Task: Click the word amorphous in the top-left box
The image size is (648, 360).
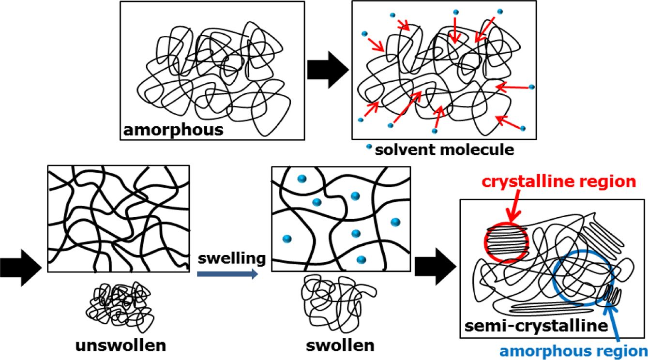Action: [173, 129]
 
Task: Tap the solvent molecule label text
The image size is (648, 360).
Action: [444, 150]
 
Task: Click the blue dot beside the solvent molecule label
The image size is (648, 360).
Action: [370, 147]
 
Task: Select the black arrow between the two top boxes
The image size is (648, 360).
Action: [328, 71]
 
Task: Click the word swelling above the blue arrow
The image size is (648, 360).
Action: [231, 258]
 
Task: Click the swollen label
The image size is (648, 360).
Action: [340, 345]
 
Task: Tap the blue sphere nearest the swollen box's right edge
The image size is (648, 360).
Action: [395, 222]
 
